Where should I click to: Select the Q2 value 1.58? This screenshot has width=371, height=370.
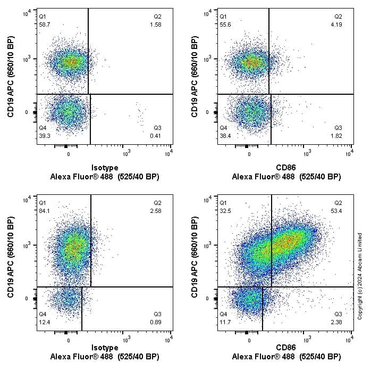[157, 24]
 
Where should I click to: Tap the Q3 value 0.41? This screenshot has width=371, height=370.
[157, 136]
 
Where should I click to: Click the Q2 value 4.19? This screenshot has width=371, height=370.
[338, 24]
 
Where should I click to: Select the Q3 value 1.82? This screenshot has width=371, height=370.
[338, 136]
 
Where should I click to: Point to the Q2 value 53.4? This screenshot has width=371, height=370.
[338, 210]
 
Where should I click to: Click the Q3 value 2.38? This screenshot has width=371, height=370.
[338, 322]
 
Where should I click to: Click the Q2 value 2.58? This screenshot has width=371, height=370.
[157, 210]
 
